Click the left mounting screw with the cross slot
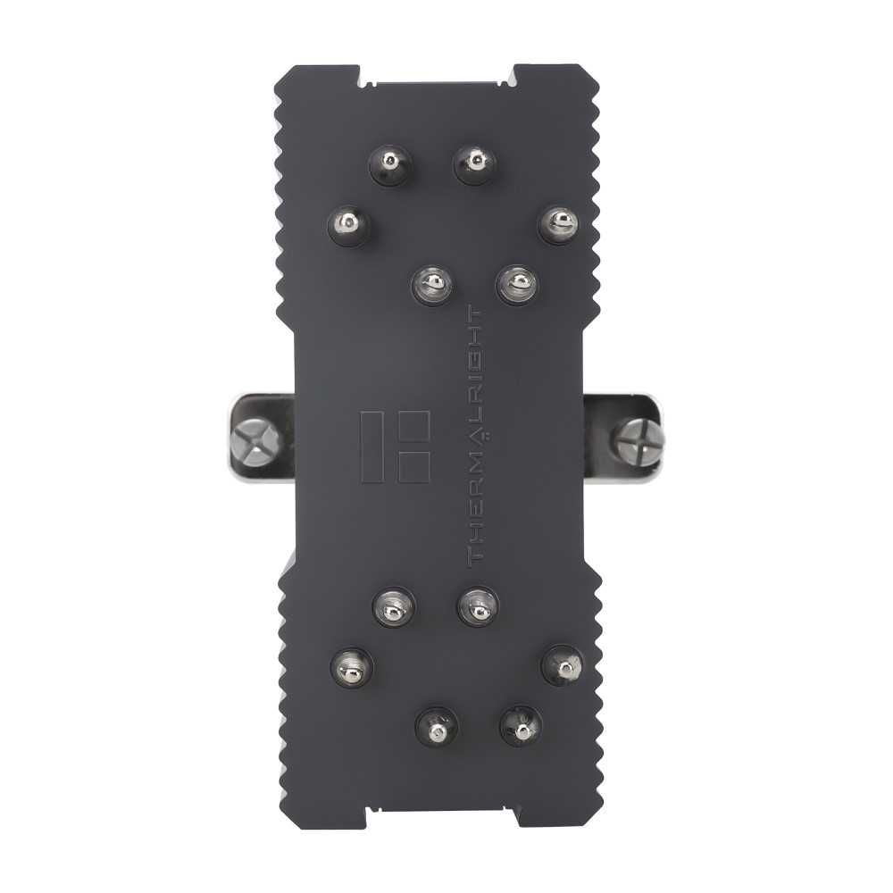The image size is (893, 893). (255, 443)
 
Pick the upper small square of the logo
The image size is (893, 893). (414, 426)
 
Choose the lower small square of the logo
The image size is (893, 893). (414, 468)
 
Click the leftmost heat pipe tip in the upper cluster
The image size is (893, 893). (348, 226)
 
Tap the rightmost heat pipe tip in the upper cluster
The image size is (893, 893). (559, 224)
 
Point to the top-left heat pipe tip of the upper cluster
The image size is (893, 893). (390, 164)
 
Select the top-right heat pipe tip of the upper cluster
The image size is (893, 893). (474, 164)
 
